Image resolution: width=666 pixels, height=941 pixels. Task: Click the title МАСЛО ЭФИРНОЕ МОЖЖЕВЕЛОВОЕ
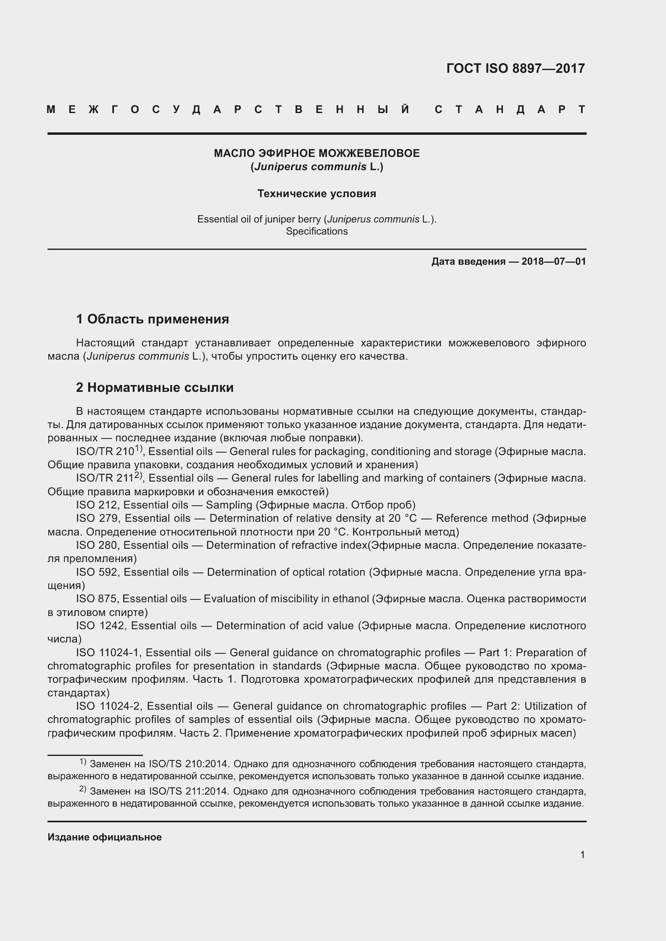pyautogui.click(x=316, y=153)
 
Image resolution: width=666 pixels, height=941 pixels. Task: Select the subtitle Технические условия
pyautogui.click(x=316, y=194)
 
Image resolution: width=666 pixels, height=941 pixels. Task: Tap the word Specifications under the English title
pyautogui.click(x=316, y=231)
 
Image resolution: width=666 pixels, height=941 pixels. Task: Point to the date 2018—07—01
pyautogui.click(x=553, y=262)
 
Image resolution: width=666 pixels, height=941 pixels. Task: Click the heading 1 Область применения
pyautogui.click(x=153, y=319)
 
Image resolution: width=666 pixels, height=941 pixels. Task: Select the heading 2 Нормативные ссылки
pyautogui.click(x=155, y=387)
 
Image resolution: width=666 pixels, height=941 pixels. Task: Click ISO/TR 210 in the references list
pyautogui.click(x=105, y=452)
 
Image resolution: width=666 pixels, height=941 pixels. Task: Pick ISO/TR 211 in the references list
pyautogui.click(x=105, y=478)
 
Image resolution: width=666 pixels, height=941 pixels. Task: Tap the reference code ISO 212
pyautogui.click(x=97, y=505)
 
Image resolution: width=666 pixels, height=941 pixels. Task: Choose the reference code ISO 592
pyautogui.click(x=97, y=572)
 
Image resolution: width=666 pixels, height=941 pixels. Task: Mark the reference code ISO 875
pyautogui.click(x=97, y=599)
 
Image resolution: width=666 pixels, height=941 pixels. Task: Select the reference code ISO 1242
pyautogui.click(x=101, y=626)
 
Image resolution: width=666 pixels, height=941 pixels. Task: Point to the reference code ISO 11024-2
pyautogui.click(x=109, y=706)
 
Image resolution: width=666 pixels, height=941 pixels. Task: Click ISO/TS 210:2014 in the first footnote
pyautogui.click(x=190, y=764)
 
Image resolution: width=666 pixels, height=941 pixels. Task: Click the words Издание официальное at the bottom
pyautogui.click(x=105, y=837)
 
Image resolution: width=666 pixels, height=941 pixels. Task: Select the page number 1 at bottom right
pyautogui.click(x=582, y=855)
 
